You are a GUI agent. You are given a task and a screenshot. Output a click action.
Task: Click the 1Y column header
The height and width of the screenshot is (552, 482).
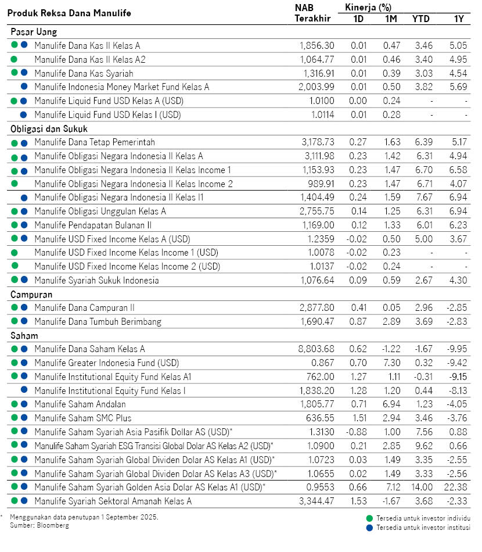tap(458, 19)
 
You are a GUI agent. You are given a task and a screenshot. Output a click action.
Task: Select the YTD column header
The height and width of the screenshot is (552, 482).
tap(421, 19)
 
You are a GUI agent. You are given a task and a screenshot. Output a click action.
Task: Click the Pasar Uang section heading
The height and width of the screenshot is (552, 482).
tap(34, 32)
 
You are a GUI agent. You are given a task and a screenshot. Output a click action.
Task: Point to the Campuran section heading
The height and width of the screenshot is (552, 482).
tap(31, 295)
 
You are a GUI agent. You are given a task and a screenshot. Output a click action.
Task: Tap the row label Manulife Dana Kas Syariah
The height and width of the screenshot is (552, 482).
tap(84, 73)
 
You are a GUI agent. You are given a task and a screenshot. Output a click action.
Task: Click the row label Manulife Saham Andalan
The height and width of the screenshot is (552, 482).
tap(80, 404)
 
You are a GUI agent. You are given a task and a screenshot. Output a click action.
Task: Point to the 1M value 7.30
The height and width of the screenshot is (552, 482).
tap(390, 363)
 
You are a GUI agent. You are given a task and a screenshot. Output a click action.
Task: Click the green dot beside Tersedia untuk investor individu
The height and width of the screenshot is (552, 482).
tap(369, 518)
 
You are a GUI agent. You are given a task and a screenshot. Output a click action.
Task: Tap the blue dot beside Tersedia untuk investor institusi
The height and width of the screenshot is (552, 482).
tap(369, 528)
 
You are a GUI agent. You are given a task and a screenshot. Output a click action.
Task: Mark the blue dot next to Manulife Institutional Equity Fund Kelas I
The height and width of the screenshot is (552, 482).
tap(24, 390)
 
